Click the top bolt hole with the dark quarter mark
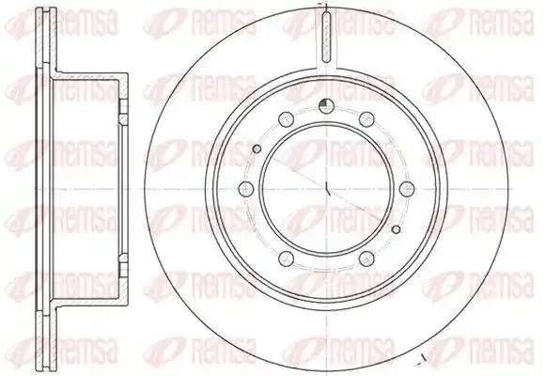(326, 106)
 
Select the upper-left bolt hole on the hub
(287, 119)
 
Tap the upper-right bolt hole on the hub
(366, 119)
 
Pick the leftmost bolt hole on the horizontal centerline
(246, 189)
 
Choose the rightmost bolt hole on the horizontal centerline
(407, 189)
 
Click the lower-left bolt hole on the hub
(287, 258)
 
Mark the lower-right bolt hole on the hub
(366, 258)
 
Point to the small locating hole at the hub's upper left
(257, 149)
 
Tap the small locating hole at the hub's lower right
(396, 228)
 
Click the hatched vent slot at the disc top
(326, 37)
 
